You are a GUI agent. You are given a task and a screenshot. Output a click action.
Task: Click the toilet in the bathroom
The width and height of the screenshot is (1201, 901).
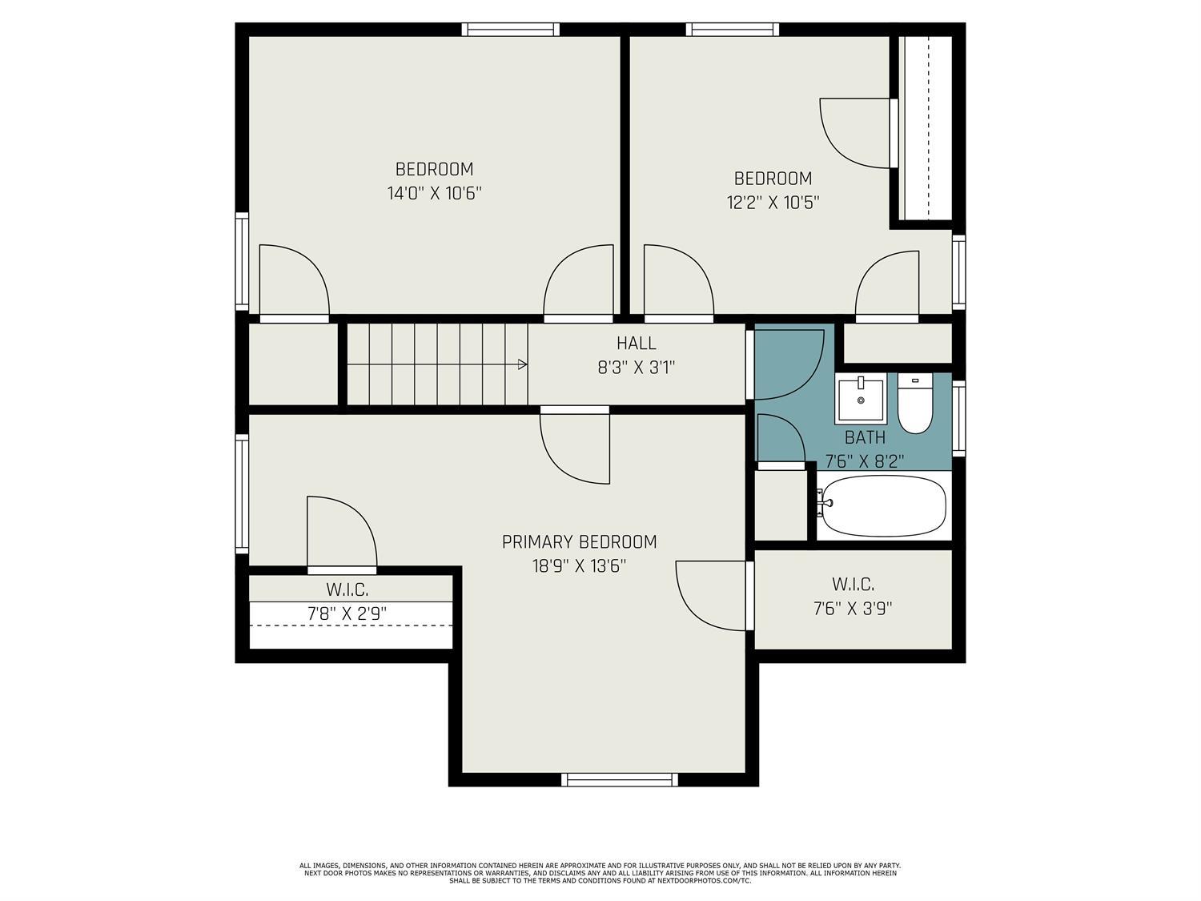(915, 404)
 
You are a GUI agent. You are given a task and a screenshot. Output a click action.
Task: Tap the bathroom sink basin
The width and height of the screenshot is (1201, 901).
(861, 400)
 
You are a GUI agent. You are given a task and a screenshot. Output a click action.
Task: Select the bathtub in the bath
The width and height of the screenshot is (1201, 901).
(884, 505)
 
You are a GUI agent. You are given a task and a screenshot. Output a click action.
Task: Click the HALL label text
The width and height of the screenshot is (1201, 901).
(637, 343)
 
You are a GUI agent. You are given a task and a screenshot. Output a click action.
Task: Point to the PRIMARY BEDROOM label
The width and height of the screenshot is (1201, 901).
(579, 541)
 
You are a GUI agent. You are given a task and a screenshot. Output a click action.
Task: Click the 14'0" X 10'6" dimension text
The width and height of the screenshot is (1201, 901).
(435, 193)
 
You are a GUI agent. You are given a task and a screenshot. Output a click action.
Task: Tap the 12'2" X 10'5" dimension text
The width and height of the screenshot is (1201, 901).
(773, 203)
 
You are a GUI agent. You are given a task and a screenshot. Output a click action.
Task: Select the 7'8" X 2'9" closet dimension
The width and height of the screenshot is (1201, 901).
(347, 613)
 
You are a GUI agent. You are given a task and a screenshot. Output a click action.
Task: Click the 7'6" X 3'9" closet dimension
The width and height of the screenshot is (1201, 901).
(853, 609)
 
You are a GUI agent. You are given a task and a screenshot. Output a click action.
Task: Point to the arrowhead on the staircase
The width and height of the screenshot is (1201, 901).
(523, 364)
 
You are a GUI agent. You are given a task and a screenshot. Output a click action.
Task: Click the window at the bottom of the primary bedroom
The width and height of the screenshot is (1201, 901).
(620, 779)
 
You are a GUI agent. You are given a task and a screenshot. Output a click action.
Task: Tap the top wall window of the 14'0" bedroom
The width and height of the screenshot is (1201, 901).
(511, 30)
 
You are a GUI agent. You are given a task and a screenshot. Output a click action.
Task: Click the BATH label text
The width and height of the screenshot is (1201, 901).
(865, 437)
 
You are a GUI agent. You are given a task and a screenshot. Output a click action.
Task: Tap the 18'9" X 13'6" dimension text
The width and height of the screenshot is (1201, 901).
(579, 565)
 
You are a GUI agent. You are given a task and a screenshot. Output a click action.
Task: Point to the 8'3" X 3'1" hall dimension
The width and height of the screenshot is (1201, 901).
(637, 368)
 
